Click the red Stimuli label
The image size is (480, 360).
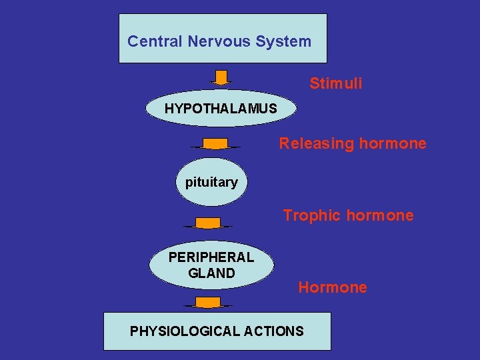336,84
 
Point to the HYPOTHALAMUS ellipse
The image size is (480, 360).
221,108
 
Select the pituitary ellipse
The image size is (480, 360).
211,182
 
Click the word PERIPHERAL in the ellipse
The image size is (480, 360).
211,257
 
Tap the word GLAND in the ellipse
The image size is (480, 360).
211,273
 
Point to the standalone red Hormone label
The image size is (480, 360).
333,288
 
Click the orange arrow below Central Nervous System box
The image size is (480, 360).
221,77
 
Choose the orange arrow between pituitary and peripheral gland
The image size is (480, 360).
208,223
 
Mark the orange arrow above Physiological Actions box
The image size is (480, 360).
208,303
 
